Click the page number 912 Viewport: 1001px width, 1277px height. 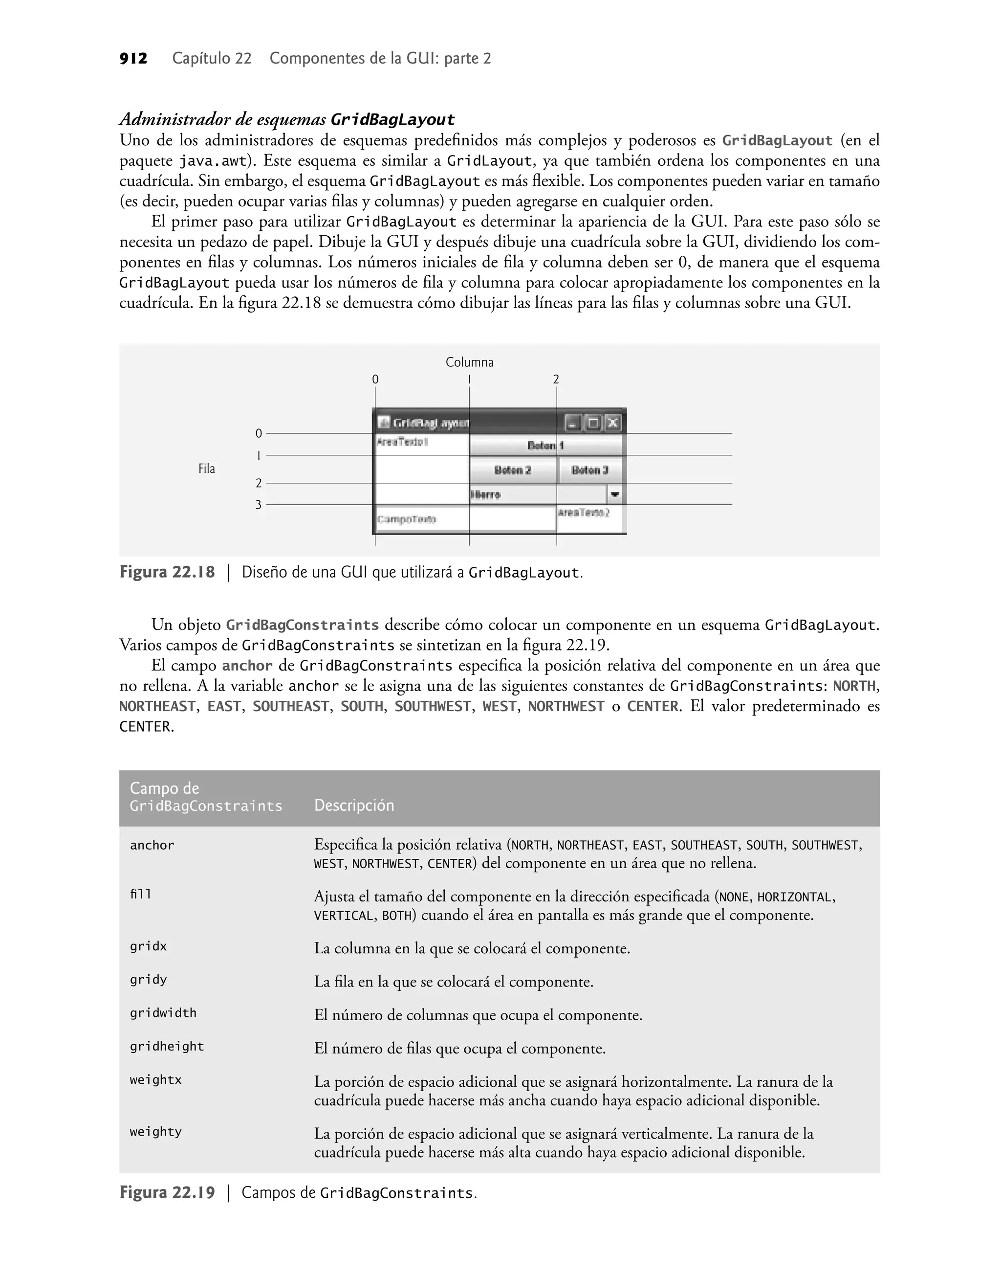coord(133,59)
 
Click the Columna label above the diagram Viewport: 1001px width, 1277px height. coord(469,362)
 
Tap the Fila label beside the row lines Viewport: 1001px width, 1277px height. coord(206,469)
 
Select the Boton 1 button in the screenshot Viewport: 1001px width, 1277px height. coord(545,446)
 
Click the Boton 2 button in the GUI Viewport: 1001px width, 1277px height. coord(512,470)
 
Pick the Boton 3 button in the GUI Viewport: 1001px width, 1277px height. coord(589,470)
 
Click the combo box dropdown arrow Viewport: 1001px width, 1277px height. coord(614,495)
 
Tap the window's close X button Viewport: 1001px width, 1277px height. coord(612,422)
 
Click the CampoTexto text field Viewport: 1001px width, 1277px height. coord(422,519)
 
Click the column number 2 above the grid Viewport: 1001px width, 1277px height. coord(556,380)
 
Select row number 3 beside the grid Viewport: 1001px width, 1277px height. coord(259,505)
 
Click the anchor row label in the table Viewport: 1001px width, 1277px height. coord(152,845)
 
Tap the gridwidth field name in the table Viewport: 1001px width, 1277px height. coord(163,1012)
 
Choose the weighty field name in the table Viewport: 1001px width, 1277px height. coord(155,1132)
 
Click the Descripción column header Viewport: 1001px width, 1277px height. coord(354,805)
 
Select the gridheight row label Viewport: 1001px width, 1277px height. coord(167,1046)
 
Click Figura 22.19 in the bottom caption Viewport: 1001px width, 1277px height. coord(167,1192)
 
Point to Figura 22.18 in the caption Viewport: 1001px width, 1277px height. coord(167,572)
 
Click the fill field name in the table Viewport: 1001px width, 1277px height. coord(141,894)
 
